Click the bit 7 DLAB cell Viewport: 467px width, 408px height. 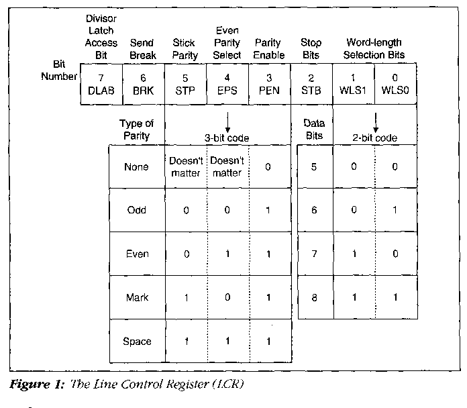point(101,84)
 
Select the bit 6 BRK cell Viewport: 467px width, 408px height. point(143,84)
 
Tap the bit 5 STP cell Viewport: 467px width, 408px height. point(185,84)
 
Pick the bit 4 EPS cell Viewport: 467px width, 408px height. point(227,84)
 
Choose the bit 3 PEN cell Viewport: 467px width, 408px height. point(269,84)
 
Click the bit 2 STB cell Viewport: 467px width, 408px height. point(311,84)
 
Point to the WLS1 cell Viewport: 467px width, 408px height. point(354,84)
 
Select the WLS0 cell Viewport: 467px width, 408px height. point(396,84)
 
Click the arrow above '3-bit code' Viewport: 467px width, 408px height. point(227,121)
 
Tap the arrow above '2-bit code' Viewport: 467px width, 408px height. point(375,121)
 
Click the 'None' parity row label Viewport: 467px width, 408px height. point(137,166)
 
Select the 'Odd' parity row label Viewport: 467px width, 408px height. point(137,210)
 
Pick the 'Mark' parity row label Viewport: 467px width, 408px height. point(137,297)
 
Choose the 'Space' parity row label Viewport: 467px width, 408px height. point(137,341)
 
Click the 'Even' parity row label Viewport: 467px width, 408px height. point(137,254)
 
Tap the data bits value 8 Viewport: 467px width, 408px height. point(314,297)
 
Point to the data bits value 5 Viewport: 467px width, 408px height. point(314,166)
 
